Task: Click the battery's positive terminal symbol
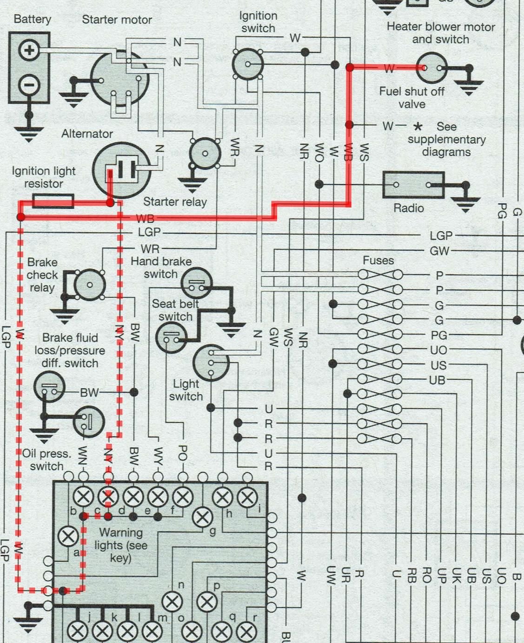29,50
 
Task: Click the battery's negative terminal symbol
29,85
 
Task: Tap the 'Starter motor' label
117,19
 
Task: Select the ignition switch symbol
248,64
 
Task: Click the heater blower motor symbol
432,68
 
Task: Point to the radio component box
413,185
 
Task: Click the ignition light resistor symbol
53,201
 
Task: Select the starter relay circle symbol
205,154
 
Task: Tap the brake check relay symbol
90,285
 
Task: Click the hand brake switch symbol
196,283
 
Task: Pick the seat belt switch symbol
172,337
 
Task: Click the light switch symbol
211,362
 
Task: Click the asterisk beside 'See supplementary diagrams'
418,126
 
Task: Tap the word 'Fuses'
378,260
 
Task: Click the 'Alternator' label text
87,134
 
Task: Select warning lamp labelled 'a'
68,537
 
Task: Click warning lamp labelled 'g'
203,517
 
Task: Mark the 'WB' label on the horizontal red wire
145,218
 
